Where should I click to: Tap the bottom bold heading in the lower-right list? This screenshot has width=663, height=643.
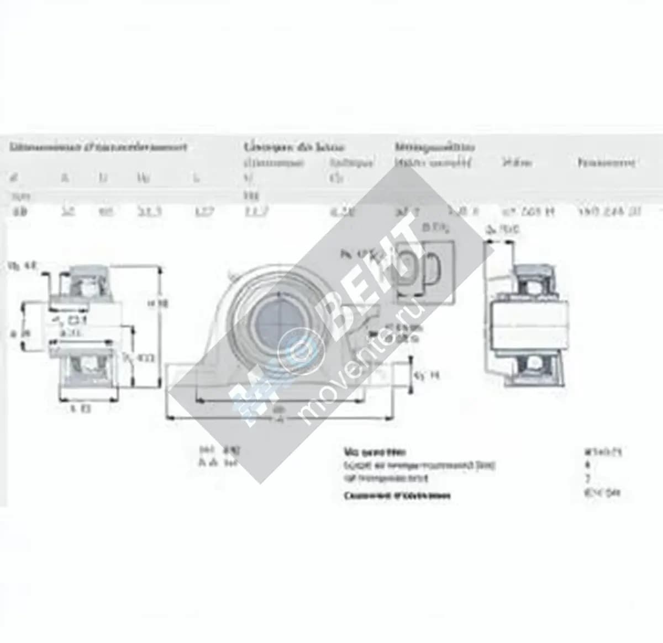click(x=397, y=495)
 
